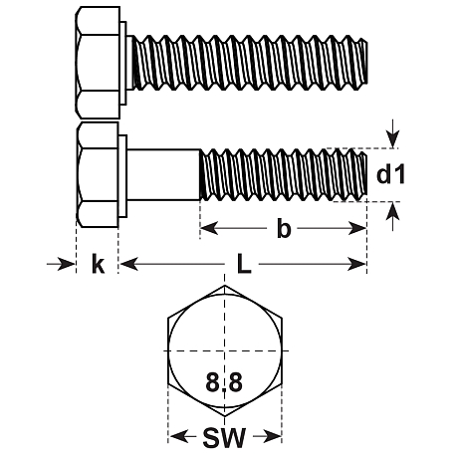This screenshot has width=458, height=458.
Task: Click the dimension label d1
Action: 390,175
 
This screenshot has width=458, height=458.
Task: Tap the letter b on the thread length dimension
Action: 284,228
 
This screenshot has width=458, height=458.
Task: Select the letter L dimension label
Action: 244,264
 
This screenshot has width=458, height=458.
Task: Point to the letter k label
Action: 98,264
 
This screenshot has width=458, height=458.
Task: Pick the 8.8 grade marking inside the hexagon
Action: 224,381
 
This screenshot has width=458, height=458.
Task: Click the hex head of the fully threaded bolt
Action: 98,63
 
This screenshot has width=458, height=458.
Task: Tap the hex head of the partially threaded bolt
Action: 98,174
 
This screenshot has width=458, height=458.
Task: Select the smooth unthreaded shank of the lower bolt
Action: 163,174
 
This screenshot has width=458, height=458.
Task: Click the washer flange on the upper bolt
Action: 123,63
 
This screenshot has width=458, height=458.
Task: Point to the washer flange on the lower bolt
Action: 122,176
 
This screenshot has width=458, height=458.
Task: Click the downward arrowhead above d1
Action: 393,139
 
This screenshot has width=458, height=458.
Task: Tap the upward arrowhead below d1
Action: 393,211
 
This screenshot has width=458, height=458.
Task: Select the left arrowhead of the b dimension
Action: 209,228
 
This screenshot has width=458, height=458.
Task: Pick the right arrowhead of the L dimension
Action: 356,264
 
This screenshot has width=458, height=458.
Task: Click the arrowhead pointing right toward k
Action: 66,264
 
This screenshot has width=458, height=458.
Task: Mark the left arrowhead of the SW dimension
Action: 178,436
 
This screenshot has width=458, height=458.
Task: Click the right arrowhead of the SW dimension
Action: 272,436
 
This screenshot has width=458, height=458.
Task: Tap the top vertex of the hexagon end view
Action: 225,285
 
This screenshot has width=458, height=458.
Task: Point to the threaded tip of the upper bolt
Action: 363,62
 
